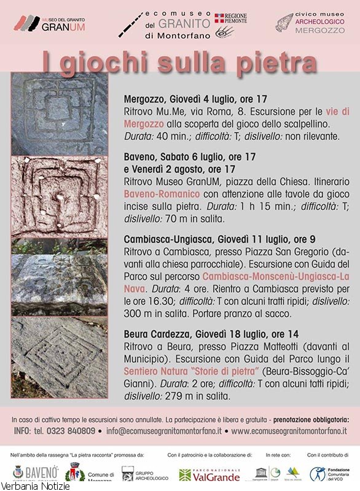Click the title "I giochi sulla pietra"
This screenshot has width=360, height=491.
pyautogui.click(x=179, y=62)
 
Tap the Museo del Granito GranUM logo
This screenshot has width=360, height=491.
pyautogui.click(x=50, y=24)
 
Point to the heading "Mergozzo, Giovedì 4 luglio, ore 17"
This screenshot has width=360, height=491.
pyautogui.click(x=195, y=98)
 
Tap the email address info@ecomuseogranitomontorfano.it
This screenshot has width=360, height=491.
pyautogui.click(x=163, y=431)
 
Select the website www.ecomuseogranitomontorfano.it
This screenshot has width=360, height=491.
pyautogui.click(x=289, y=431)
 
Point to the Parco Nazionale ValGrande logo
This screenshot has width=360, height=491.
pyautogui.click(x=209, y=474)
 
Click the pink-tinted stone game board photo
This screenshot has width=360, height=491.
pyautogui.click(x=58, y=196)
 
